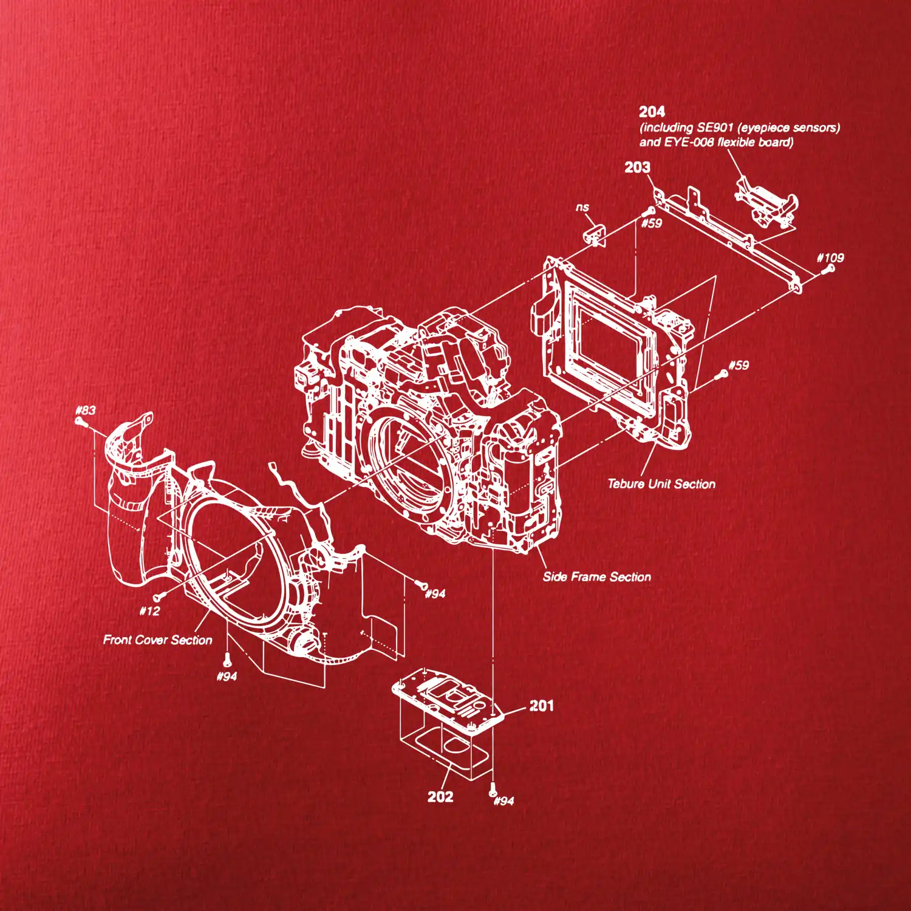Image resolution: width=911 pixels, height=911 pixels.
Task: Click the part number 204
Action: coord(652,112)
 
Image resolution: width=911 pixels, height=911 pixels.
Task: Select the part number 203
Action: coord(637,167)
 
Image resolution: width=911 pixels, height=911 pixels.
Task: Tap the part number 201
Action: coord(542,706)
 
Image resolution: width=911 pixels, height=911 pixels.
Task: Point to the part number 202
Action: coord(440,797)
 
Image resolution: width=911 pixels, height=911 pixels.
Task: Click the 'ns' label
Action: coord(582,207)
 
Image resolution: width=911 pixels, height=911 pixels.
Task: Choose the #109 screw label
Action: coord(830,258)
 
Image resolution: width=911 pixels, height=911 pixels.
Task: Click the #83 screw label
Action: coord(86,410)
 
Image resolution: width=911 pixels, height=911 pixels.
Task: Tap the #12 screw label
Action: coord(149,611)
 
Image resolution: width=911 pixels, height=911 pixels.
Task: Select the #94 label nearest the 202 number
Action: coord(503,801)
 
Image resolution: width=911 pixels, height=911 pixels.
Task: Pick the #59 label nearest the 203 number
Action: coord(652,223)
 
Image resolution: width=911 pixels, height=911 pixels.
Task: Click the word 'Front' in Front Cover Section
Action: coord(118,640)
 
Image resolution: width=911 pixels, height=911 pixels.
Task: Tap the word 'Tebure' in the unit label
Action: coord(626,484)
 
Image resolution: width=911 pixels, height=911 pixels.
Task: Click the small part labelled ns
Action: coord(595,236)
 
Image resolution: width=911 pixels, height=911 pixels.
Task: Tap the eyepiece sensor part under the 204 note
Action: coord(765,203)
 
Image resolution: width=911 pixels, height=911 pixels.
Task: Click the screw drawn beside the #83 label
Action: coord(80,421)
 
